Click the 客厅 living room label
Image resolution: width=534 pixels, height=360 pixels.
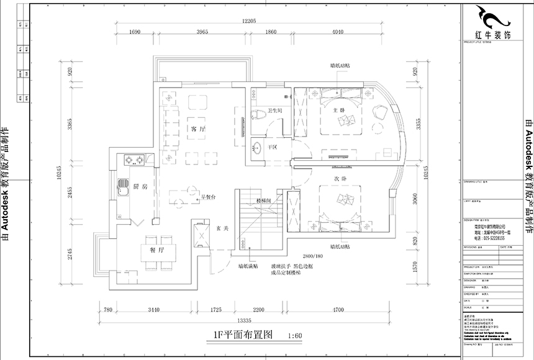click(198, 128)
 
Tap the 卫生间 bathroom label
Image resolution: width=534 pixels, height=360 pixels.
click(276, 111)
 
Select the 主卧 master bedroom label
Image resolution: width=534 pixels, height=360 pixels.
click(338, 110)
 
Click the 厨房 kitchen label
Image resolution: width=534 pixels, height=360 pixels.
click(140, 186)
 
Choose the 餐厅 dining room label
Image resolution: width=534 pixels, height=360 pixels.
click(156, 251)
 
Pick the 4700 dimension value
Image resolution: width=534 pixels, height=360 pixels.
click(338, 308)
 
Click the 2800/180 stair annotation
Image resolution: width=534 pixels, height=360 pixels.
click(313, 256)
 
